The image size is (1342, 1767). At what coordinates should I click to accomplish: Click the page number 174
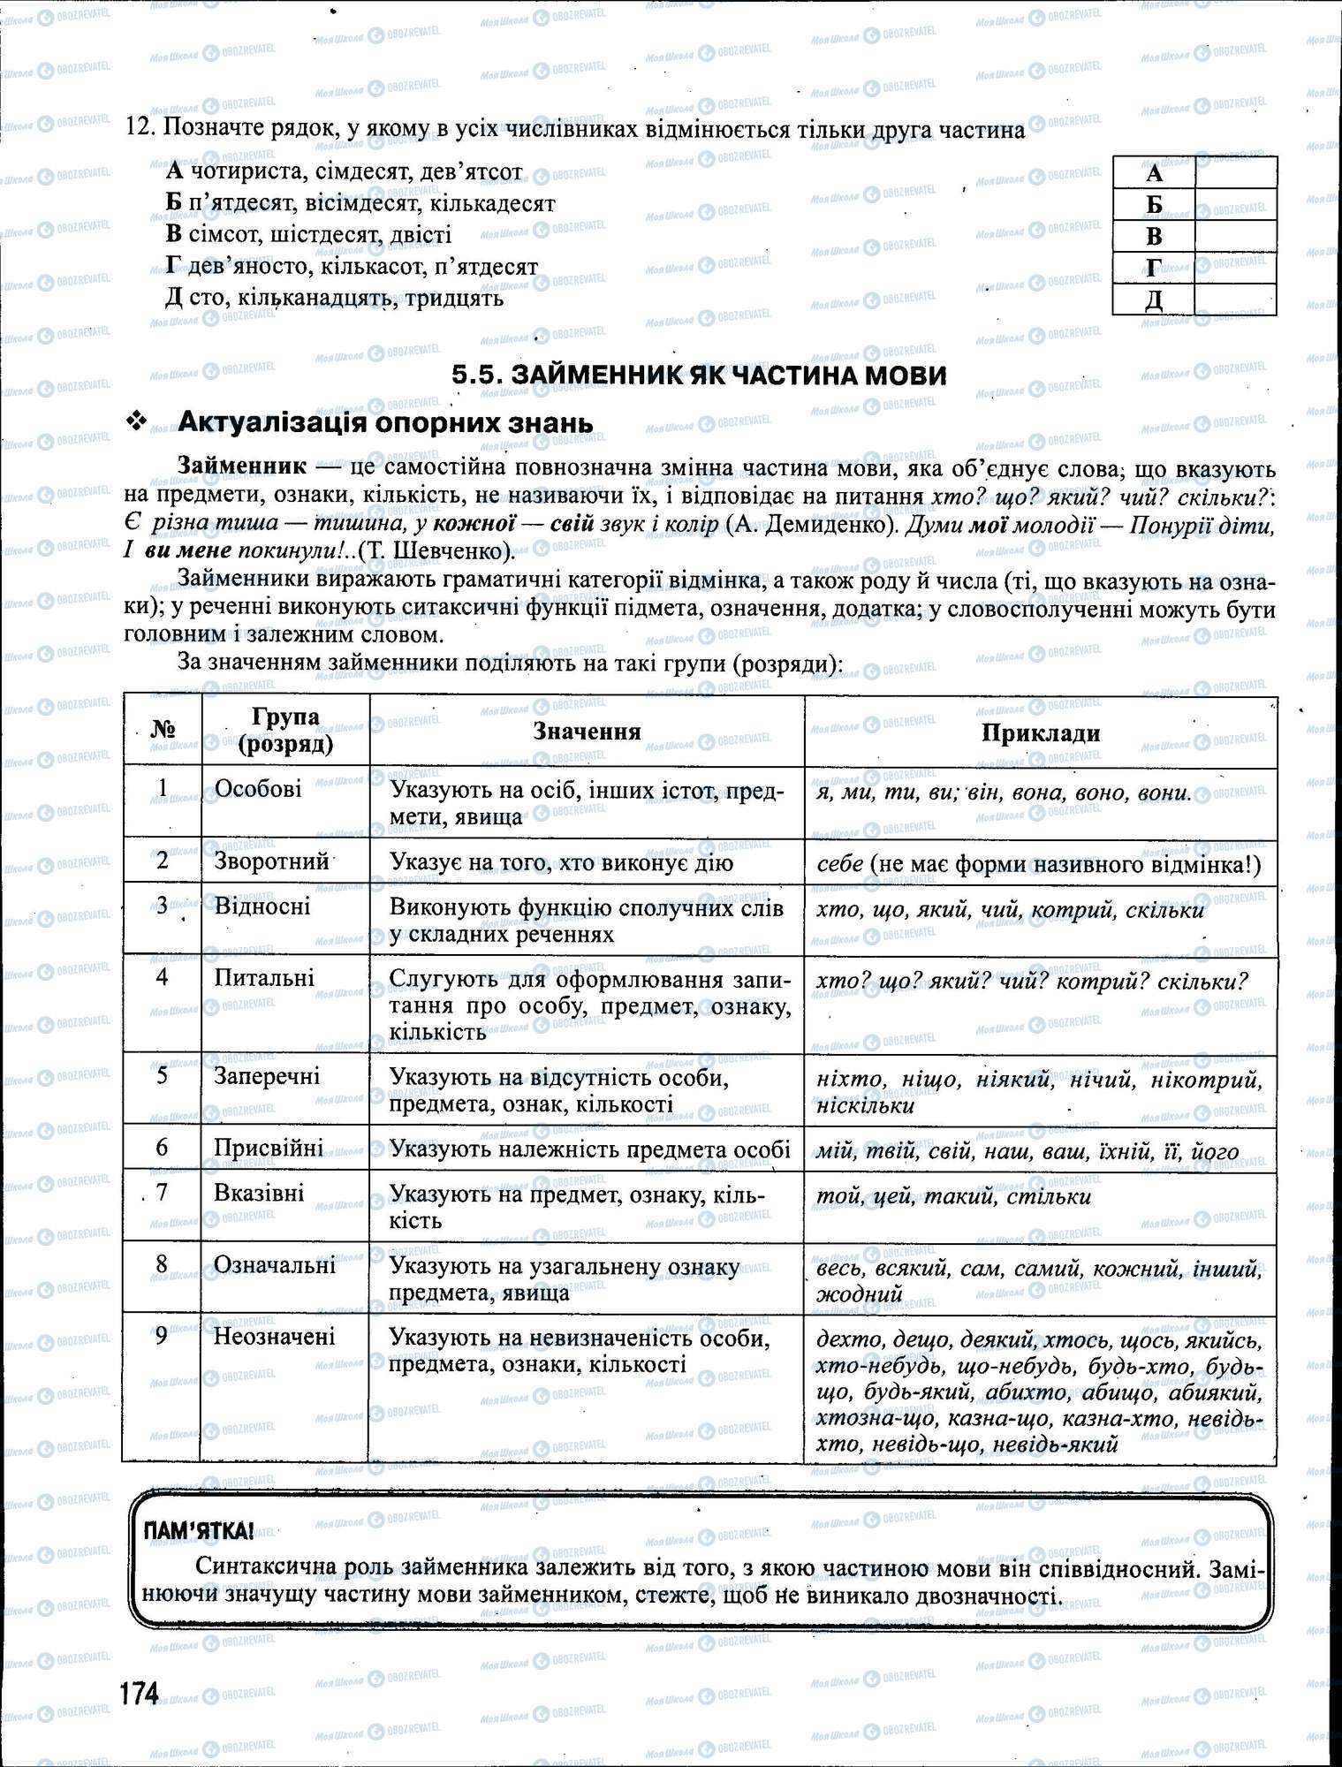pos(140,1693)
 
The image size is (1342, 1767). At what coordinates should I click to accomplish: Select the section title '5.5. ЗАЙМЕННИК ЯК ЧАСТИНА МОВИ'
pos(699,375)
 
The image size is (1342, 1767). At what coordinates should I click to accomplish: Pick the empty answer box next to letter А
pos(1234,172)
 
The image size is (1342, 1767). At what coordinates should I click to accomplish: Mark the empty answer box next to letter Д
pos(1234,300)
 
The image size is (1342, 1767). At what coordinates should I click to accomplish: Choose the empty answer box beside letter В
pos(1234,236)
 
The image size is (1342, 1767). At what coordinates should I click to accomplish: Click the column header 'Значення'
pos(587,731)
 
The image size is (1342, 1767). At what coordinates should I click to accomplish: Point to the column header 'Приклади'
pos(1040,732)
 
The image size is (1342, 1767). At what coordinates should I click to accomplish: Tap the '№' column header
pos(163,730)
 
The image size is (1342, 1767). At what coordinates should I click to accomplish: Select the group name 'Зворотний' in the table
pos(271,861)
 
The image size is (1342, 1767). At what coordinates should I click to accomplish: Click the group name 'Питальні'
pos(264,977)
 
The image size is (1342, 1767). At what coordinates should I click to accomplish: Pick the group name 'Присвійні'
pos(269,1147)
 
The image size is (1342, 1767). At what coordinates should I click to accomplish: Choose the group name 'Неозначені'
pos(274,1336)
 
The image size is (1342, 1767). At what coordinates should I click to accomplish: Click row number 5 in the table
pos(162,1076)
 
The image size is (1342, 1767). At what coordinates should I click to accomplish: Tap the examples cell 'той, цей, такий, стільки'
pos(954,1196)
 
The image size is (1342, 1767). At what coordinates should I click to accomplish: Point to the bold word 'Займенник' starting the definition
pos(242,466)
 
